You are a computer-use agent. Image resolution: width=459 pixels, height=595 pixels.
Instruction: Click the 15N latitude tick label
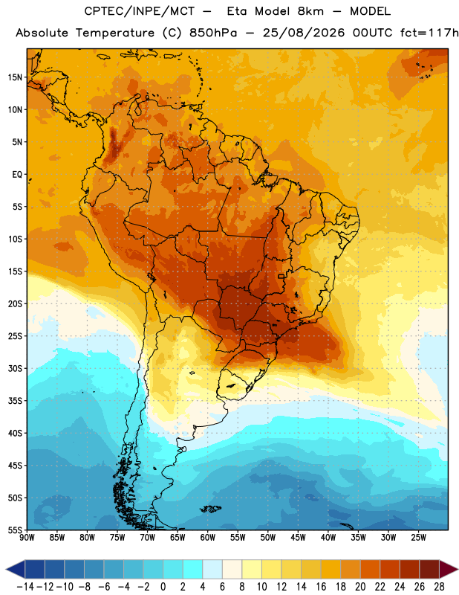[15, 77]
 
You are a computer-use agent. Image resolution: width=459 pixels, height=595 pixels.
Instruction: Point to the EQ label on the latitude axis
[17, 175]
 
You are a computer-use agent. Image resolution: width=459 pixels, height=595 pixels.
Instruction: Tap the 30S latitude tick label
[15, 368]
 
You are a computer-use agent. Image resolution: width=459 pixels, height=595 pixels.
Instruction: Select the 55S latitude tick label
[15, 530]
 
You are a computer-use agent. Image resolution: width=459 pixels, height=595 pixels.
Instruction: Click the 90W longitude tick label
[27, 537]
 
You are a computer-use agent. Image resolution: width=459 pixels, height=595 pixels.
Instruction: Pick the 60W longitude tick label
[208, 537]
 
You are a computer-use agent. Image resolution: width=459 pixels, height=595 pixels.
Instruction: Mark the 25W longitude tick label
[418, 537]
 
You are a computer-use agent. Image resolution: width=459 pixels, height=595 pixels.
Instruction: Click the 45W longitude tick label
[298, 537]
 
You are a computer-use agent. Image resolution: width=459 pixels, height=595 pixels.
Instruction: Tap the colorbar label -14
[25, 587]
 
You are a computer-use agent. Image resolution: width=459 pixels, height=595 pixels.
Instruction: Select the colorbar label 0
[163, 587]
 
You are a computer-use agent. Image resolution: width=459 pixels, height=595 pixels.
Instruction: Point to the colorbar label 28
[439, 587]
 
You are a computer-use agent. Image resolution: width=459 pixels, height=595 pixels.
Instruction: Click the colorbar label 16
[321, 587]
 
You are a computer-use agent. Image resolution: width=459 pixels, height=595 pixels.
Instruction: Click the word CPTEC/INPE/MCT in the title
[139, 11]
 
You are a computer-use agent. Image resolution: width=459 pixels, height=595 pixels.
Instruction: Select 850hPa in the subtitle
[213, 33]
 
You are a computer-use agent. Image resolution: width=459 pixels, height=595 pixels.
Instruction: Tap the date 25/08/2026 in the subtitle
[304, 33]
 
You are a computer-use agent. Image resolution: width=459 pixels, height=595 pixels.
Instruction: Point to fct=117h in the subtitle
[429, 33]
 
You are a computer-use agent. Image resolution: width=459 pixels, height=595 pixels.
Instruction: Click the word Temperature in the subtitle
[115, 33]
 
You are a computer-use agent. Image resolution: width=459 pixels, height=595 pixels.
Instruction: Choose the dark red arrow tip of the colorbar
[449, 570]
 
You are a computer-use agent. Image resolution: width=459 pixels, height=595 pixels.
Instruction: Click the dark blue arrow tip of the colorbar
[15, 570]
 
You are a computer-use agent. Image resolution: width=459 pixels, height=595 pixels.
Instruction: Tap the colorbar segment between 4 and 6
[212, 570]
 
